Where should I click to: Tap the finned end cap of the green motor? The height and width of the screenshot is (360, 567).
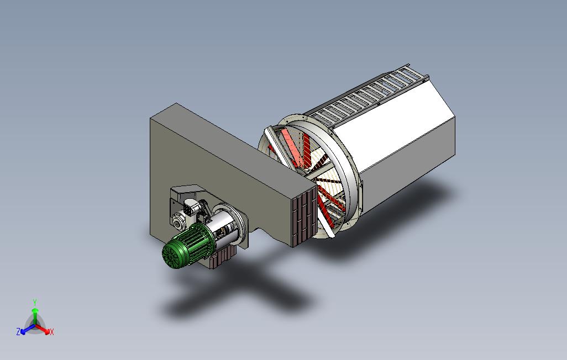click(172, 255)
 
